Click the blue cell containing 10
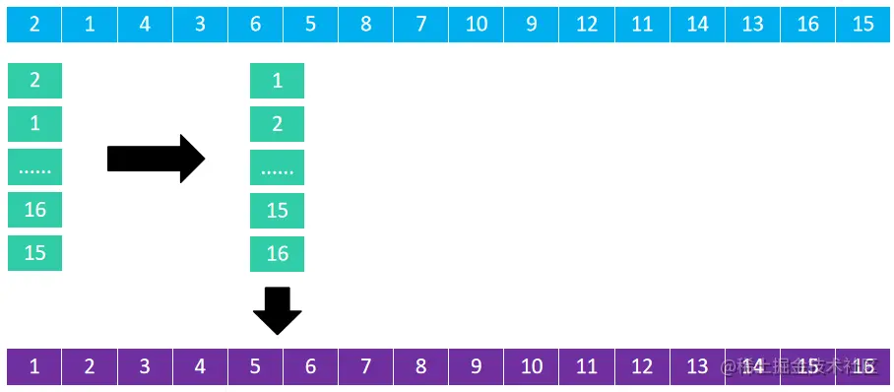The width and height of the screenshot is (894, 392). (x=477, y=25)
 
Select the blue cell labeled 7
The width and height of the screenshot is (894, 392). (x=421, y=25)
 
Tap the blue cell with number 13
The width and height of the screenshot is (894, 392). (x=753, y=25)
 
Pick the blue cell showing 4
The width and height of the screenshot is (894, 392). (x=145, y=25)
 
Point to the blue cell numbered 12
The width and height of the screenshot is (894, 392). (x=587, y=25)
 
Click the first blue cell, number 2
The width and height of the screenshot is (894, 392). (x=34, y=25)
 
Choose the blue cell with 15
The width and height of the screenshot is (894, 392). (x=863, y=25)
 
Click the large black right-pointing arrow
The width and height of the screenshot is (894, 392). (x=156, y=159)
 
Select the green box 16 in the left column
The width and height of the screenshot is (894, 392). (x=34, y=210)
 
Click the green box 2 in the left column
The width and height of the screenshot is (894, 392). (x=34, y=81)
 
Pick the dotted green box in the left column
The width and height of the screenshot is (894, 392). (x=34, y=167)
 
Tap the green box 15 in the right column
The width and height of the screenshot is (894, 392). (x=277, y=211)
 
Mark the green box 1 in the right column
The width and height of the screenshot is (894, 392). (x=277, y=81)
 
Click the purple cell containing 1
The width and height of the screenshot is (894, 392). (x=34, y=367)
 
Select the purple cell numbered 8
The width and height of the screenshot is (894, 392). (x=421, y=367)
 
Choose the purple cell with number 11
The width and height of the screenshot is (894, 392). (x=587, y=367)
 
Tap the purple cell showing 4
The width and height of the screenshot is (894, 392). (x=200, y=367)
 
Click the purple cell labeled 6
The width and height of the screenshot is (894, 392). (x=310, y=367)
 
